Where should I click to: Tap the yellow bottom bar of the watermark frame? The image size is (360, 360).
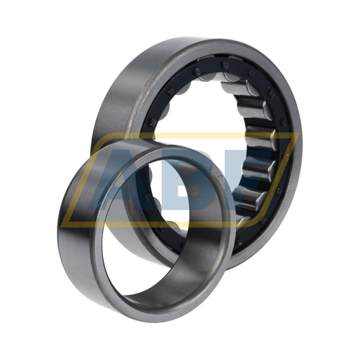point(163,225)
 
